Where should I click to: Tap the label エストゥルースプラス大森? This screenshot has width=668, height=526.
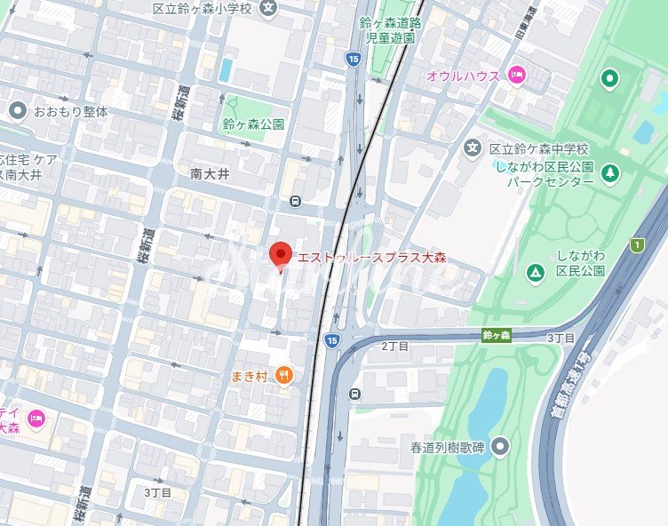tap(371, 258)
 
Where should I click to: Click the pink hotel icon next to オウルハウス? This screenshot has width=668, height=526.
tap(515, 76)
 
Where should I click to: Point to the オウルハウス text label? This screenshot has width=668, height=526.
tap(463, 76)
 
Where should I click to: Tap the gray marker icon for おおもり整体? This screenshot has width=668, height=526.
tap(18, 111)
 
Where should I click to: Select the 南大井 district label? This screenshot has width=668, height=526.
tap(210, 174)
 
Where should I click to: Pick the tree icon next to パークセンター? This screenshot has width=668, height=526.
tap(610, 171)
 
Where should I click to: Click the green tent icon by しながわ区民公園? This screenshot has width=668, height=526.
tap(535, 271)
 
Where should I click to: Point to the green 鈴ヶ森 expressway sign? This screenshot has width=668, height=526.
tap(497, 335)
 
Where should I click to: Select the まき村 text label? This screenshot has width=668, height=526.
tap(250, 375)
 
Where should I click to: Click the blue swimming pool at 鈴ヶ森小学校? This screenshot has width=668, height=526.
tap(225, 68)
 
